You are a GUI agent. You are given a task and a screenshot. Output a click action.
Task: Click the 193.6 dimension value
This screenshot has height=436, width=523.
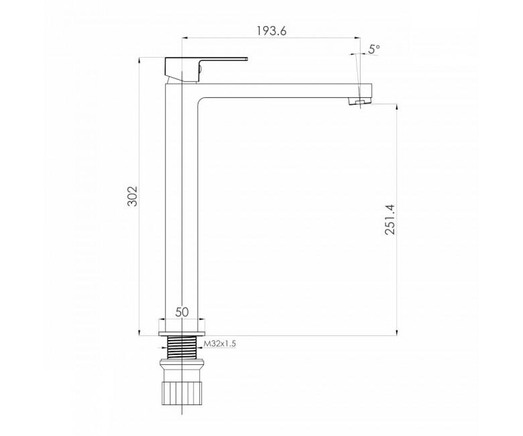(272, 31)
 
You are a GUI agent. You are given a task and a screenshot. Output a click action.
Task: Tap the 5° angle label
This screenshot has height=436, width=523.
(374, 49)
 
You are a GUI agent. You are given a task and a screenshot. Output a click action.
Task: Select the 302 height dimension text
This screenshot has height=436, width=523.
(132, 196)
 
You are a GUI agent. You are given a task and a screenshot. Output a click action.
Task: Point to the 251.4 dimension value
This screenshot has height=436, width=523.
(390, 219)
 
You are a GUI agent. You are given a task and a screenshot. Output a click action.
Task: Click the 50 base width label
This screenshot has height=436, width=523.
(182, 312)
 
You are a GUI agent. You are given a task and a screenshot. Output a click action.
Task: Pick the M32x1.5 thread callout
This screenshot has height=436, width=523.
(220, 343)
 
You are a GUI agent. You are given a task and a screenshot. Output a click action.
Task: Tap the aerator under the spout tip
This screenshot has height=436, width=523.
(359, 101)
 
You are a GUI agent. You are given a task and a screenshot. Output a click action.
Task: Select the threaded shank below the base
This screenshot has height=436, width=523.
(182, 347)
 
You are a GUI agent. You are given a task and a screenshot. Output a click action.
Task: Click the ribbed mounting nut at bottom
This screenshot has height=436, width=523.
(182, 393)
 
